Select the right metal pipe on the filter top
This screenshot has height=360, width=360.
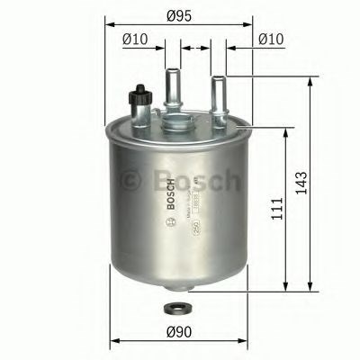point(216,95)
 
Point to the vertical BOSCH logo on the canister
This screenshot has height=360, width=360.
point(168,194)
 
